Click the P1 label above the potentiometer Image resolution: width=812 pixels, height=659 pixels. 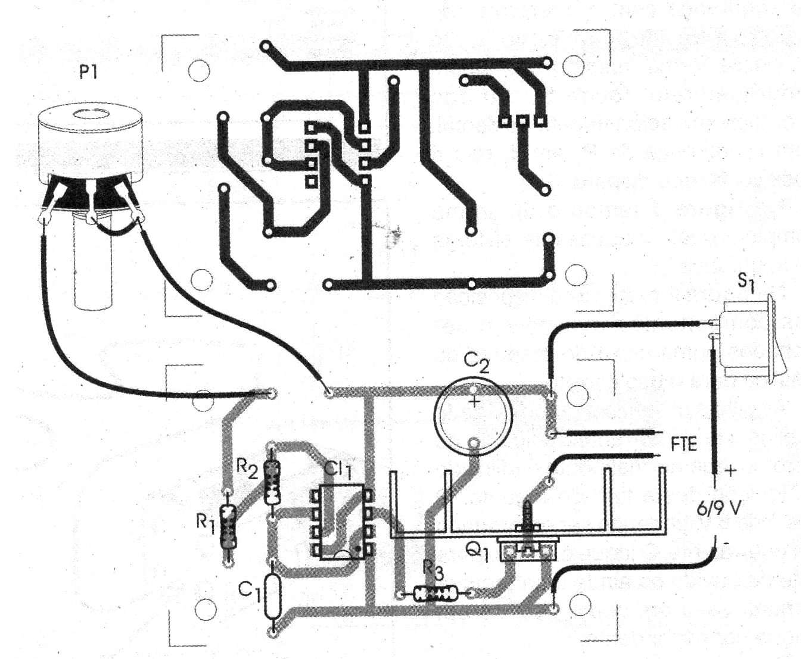pyautogui.click(x=89, y=72)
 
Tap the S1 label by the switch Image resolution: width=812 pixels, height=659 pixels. pyautogui.click(x=746, y=281)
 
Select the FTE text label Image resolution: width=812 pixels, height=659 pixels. pyautogui.click(x=683, y=444)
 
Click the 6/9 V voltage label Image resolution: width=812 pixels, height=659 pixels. pyautogui.click(x=719, y=508)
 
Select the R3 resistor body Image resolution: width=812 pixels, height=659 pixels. pyautogui.click(x=436, y=593)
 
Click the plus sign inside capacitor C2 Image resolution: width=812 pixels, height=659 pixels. pyautogui.click(x=474, y=402)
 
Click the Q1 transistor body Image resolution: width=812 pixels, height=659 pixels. pyautogui.click(x=528, y=550)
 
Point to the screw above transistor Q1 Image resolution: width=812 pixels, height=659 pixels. pyautogui.click(x=528, y=516)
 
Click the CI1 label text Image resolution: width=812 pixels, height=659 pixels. pyautogui.click(x=338, y=469)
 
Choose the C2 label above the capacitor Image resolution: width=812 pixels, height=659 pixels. pyautogui.click(x=477, y=361)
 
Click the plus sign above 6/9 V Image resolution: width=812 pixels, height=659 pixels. pyautogui.click(x=731, y=470)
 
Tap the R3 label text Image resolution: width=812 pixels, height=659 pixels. pyautogui.click(x=433, y=570)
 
